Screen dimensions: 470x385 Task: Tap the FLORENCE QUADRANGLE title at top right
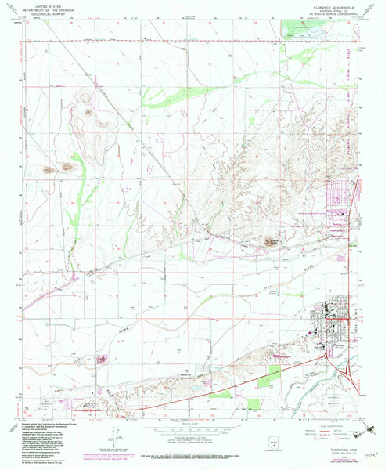322,4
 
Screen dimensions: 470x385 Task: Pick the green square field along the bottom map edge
254,404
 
